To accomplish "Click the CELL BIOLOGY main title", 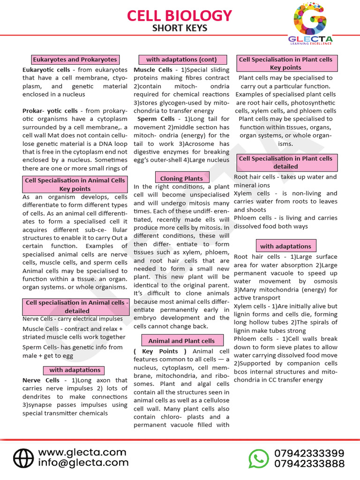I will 180,15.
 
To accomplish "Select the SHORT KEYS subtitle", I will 180,29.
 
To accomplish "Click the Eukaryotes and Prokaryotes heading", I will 75,60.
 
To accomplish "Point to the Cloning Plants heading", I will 181,178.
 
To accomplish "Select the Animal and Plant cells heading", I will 181,341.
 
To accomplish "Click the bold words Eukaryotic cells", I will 46,70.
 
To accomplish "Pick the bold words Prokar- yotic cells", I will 50,111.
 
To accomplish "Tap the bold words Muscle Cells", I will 153,70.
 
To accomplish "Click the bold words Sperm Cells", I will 156,119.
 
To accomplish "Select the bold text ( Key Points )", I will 160,351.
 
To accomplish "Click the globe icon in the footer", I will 23,458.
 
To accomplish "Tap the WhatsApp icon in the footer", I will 258,458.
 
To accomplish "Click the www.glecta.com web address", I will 82,452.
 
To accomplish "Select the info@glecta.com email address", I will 83,463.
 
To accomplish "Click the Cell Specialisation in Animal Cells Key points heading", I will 75,184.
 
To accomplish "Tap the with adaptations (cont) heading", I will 181,60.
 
